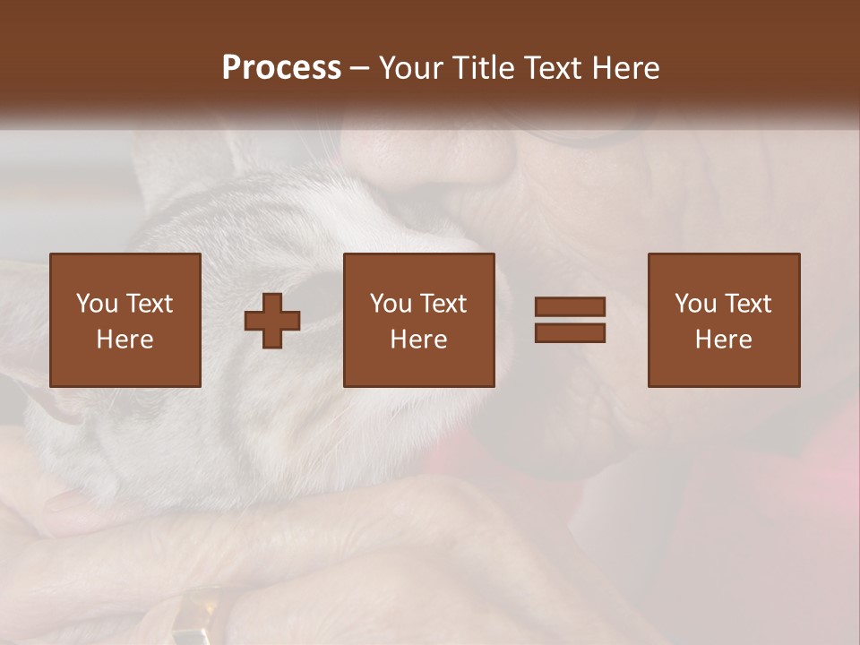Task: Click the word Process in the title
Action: [x=281, y=68]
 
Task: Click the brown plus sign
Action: [x=272, y=321]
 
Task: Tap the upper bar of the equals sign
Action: [x=570, y=307]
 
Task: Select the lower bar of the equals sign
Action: [x=570, y=332]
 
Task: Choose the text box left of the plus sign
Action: [x=125, y=320]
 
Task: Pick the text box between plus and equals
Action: [x=418, y=320]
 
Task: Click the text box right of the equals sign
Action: [x=723, y=320]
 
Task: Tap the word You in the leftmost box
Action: [x=96, y=304]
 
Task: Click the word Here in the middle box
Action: [x=418, y=340]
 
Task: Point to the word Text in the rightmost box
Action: [x=747, y=304]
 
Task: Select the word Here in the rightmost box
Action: [x=723, y=340]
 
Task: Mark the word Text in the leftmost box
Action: [x=149, y=304]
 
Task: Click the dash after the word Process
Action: [x=360, y=68]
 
